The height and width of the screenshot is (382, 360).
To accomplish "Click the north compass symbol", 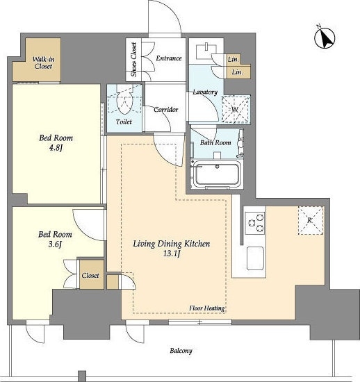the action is (325, 38).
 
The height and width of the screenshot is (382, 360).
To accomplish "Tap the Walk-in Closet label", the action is (43, 63).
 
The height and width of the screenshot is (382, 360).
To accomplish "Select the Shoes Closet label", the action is (133, 60).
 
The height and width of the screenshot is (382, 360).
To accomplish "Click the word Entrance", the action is (169, 58).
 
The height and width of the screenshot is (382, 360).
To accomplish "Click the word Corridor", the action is (165, 110).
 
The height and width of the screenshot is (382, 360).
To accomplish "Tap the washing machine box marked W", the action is (236, 109).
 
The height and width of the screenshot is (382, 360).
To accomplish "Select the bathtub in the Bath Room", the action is (216, 174).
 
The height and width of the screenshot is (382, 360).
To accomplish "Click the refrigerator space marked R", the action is (311, 220).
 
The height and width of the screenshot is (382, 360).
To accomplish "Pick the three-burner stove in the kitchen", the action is (255, 223).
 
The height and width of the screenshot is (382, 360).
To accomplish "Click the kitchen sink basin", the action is (255, 258).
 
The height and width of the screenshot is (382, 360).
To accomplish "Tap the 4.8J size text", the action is (56, 148).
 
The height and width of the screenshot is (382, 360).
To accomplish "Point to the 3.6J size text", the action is (55, 244).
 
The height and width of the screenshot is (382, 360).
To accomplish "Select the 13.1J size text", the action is (172, 254).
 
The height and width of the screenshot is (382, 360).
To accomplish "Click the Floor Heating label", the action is (207, 308).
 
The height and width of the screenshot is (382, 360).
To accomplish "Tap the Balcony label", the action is (181, 351).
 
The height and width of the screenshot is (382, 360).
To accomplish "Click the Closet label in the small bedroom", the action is (90, 276).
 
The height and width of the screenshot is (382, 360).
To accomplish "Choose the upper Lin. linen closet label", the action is (234, 59).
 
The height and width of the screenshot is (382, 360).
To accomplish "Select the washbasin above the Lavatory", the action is (206, 51).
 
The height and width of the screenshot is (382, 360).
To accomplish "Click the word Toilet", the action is (124, 122).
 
